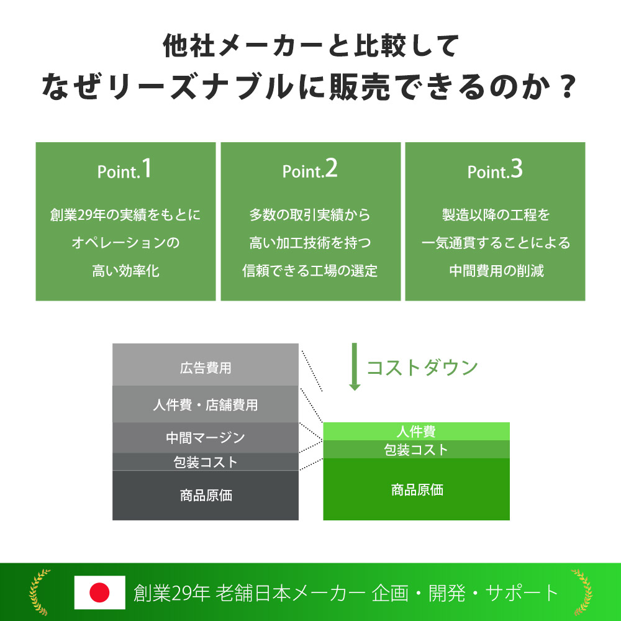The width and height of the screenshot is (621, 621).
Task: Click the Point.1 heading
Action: (124, 169)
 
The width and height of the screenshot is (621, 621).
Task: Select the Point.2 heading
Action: (310, 169)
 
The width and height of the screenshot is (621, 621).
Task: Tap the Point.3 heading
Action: (495, 169)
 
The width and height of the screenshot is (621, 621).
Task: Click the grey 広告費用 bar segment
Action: (205, 365)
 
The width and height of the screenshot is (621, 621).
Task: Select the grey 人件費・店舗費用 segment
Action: (205, 404)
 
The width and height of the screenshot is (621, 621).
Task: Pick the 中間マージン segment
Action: (205, 438)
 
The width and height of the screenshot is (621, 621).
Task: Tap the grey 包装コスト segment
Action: (205, 462)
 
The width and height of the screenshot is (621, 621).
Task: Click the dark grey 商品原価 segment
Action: (205, 495)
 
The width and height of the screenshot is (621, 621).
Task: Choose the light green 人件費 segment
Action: (416, 432)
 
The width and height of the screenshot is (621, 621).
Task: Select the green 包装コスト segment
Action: (416, 450)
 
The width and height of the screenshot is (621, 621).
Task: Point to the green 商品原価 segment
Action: (416, 489)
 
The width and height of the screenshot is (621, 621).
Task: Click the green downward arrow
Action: (355, 367)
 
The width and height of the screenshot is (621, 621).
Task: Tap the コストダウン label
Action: (422, 368)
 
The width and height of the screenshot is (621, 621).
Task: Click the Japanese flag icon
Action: (100, 592)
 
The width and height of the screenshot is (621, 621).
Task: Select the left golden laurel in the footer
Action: (39, 592)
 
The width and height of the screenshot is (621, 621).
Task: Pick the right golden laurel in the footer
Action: (582, 592)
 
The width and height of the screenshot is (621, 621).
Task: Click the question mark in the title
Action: (568, 87)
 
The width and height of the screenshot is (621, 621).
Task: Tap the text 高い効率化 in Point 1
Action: (125, 271)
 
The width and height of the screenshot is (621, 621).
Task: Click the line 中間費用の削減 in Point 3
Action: (496, 271)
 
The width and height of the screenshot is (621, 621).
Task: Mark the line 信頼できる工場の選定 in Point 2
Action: (310, 271)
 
